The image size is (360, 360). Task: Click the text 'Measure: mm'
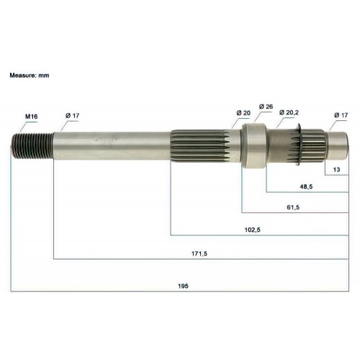[x=30, y=75]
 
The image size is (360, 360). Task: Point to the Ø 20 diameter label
[x=243, y=113]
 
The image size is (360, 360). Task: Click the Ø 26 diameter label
[x=264, y=107]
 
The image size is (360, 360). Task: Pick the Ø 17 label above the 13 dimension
[x=341, y=115]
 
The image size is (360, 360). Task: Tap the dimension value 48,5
[x=306, y=186]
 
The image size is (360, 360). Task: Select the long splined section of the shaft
[x=202, y=143]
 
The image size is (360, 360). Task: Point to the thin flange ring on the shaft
[x=297, y=143]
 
